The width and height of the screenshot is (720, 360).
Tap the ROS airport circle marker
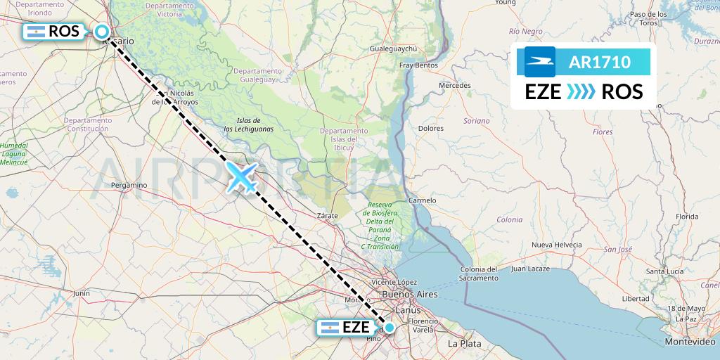pyautogui.click(x=102, y=32)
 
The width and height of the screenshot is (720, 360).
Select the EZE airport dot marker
pyautogui.click(x=390, y=328)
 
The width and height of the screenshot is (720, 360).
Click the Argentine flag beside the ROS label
pyautogui.click(x=34, y=32)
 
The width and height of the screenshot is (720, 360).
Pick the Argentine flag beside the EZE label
pyautogui.click(x=329, y=328)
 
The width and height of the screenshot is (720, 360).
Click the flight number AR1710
pyautogui.click(x=600, y=63)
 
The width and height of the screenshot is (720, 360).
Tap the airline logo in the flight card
pyautogui.click(x=540, y=62)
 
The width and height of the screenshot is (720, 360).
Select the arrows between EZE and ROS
pyautogui.click(x=581, y=92)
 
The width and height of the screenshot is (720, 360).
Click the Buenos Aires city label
pyautogui.click(x=409, y=294)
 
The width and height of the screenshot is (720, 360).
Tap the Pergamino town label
pyautogui.click(x=129, y=185)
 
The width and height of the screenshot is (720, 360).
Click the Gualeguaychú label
pyautogui.click(x=394, y=49)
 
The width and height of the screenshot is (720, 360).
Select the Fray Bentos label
pyautogui.click(x=418, y=65)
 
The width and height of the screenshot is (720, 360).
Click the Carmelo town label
pyautogui.click(x=423, y=200)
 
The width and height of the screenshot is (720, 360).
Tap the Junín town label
pyautogui.click(x=82, y=293)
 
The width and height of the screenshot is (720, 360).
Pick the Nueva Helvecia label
pyautogui.click(x=556, y=245)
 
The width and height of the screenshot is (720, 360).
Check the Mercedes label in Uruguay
pyautogui.click(x=454, y=85)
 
